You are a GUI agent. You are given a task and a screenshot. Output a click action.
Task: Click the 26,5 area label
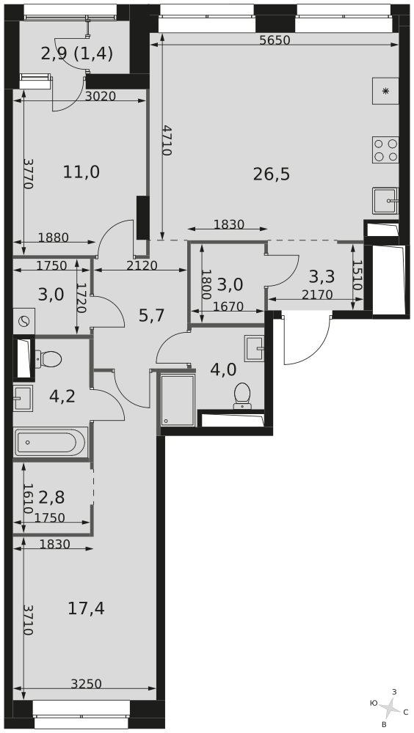pyautogui.click(x=272, y=174)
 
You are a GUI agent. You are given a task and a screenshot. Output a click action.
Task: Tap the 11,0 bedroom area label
pyautogui.click(x=81, y=172)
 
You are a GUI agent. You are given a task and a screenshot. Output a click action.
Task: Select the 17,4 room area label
pyautogui.click(x=86, y=608)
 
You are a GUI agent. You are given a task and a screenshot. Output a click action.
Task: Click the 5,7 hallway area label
pyautogui.click(x=152, y=316)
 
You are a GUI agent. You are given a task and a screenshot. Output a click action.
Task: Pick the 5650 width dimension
pyautogui.click(x=275, y=40)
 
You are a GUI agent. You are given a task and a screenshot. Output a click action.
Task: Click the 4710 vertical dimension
pyautogui.click(x=167, y=140)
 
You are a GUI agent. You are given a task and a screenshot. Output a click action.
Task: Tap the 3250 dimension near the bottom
pyautogui.click(x=86, y=684)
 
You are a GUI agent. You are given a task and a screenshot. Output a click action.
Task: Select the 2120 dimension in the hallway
pyautogui.click(x=142, y=265)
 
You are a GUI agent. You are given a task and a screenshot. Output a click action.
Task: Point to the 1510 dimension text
pyautogui.click(x=358, y=276)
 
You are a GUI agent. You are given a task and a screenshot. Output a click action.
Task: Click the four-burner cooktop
pyautogui.click(x=385, y=150)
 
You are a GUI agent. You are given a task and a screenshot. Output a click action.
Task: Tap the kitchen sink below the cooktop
pyautogui.click(x=385, y=201)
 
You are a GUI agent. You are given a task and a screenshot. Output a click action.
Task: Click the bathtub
pyautogui.click(x=50, y=442)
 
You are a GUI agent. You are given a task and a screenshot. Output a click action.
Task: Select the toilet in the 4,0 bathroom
pyautogui.click(x=242, y=396)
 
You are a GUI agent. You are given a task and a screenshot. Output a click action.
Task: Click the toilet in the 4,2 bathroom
pyautogui.click(x=48, y=359)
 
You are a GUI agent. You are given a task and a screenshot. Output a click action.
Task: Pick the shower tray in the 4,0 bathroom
pyautogui.click(x=178, y=399)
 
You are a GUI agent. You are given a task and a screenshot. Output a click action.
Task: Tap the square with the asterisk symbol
pyautogui.click(x=385, y=91)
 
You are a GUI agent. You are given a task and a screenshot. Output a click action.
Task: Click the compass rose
pyautogui.click(x=388, y=708)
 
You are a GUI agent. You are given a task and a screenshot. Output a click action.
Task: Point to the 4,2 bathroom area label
pyautogui.click(x=62, y=397)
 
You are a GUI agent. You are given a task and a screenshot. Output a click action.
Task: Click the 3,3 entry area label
pyautogui.click(x=322, y=277)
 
